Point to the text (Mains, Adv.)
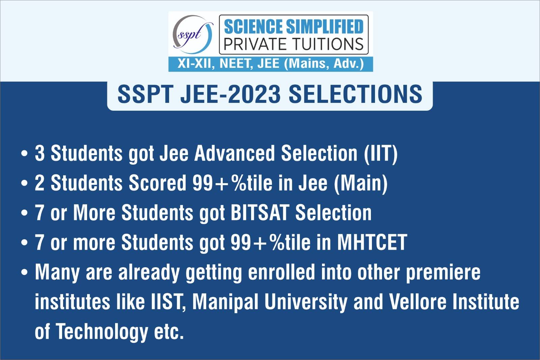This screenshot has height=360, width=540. click(324, 64)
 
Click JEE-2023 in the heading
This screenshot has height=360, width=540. click(231, 94)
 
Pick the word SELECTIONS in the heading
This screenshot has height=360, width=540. click(356, 94)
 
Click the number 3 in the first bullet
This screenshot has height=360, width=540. click(40, 153)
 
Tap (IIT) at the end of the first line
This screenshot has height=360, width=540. click(381, 154)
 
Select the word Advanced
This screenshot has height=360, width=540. click(235, 153)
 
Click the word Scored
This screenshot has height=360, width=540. click(157, 183)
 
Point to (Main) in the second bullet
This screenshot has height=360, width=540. click(361, 184)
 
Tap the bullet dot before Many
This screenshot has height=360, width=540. click(25, 272)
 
